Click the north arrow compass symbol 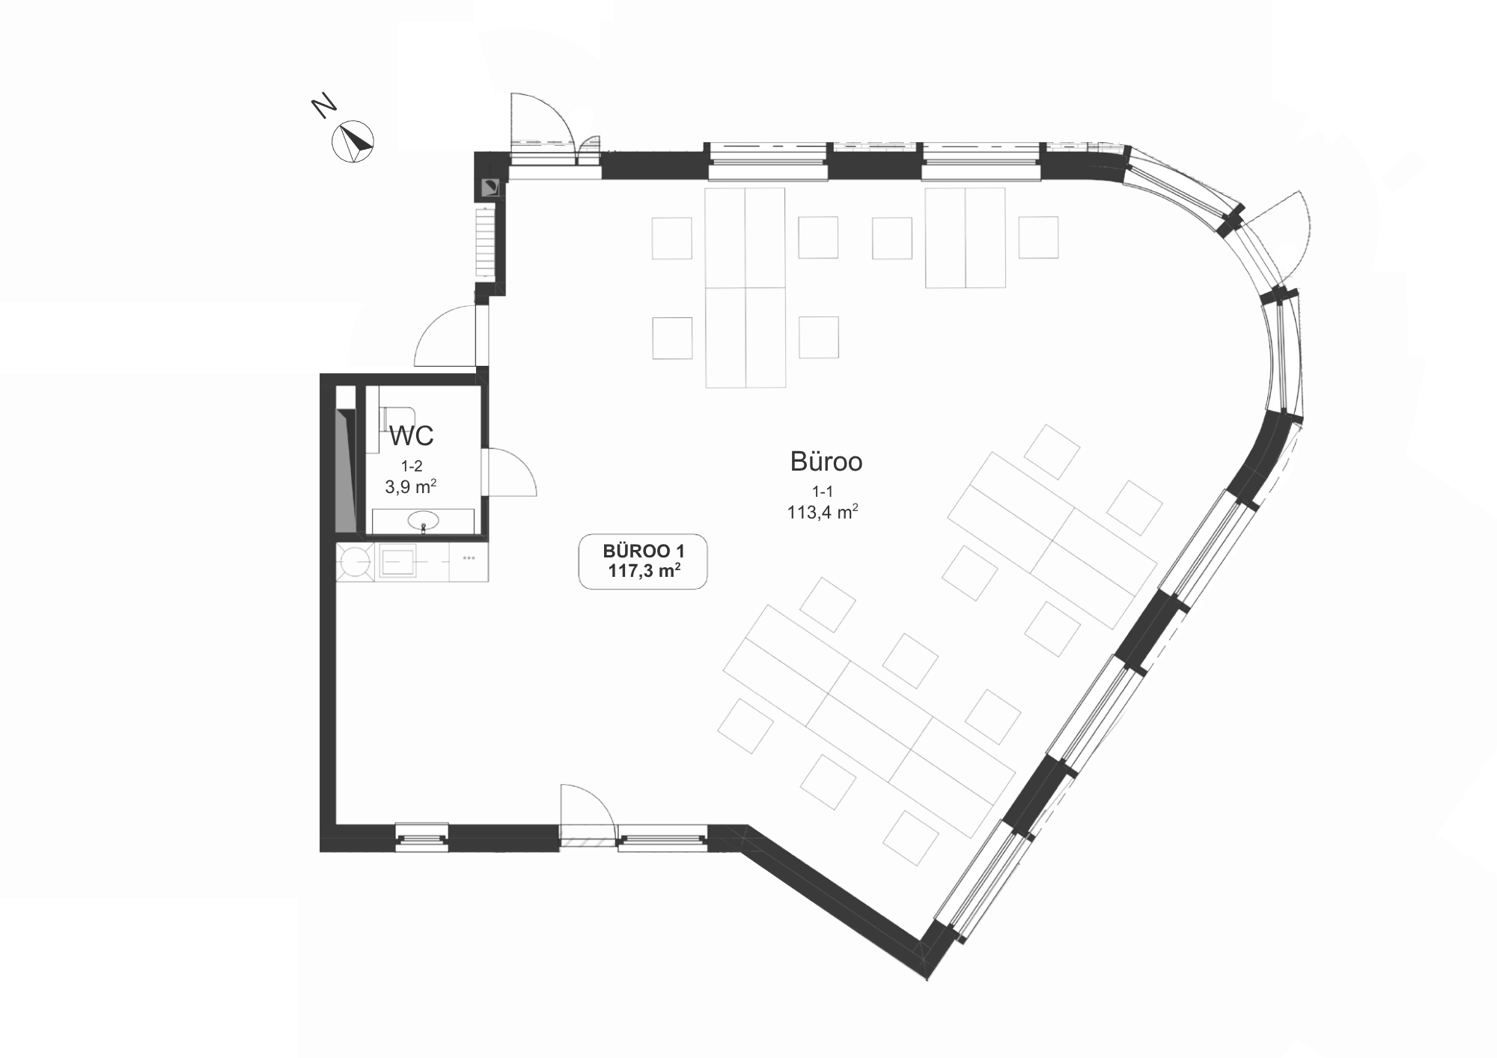tap(353, 141)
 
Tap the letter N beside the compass tap(323, 106)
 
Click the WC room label tap(411, 435)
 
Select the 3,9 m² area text tap(411, 486)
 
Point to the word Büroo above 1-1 tap(826, 462)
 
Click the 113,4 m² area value tap(822, 513)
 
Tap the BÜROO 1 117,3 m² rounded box tap(643, 561)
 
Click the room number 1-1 tap(822, 491)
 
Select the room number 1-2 tap(411, 465)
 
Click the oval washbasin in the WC tap(424, 520)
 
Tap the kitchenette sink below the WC tap(398, 561)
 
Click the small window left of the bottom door tap(421, 837)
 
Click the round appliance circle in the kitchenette tap(354, 561)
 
